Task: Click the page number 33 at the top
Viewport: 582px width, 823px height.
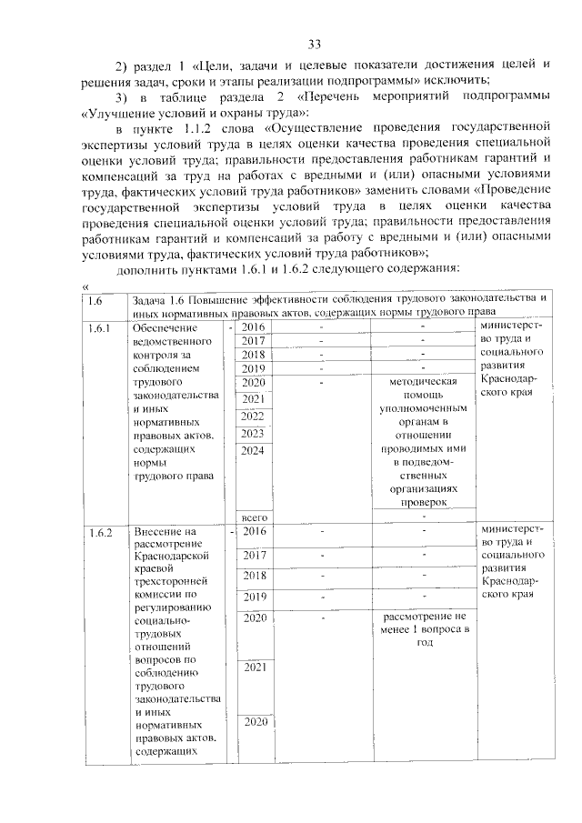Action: [x=315, y=44]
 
